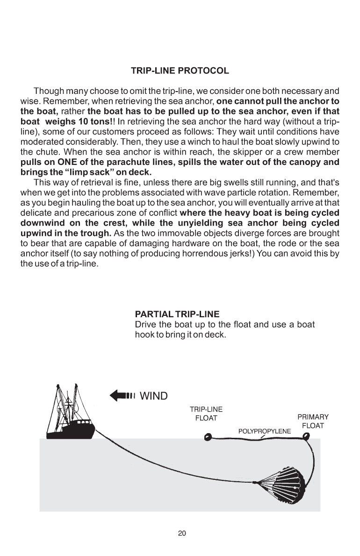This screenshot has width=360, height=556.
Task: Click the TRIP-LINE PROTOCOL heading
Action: pos(180,71)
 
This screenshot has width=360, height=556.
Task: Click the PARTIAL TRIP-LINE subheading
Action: pos(177,314)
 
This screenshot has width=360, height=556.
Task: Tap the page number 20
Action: pos(182,533)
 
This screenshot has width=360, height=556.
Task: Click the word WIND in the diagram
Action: pos(154,397)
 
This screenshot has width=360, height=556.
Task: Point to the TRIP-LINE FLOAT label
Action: pos(206,414)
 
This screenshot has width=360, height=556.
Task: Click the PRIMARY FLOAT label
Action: pos(313,421)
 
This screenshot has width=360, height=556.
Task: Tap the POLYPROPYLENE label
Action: pos(264,431)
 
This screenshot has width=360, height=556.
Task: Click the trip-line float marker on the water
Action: pos(208,437)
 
